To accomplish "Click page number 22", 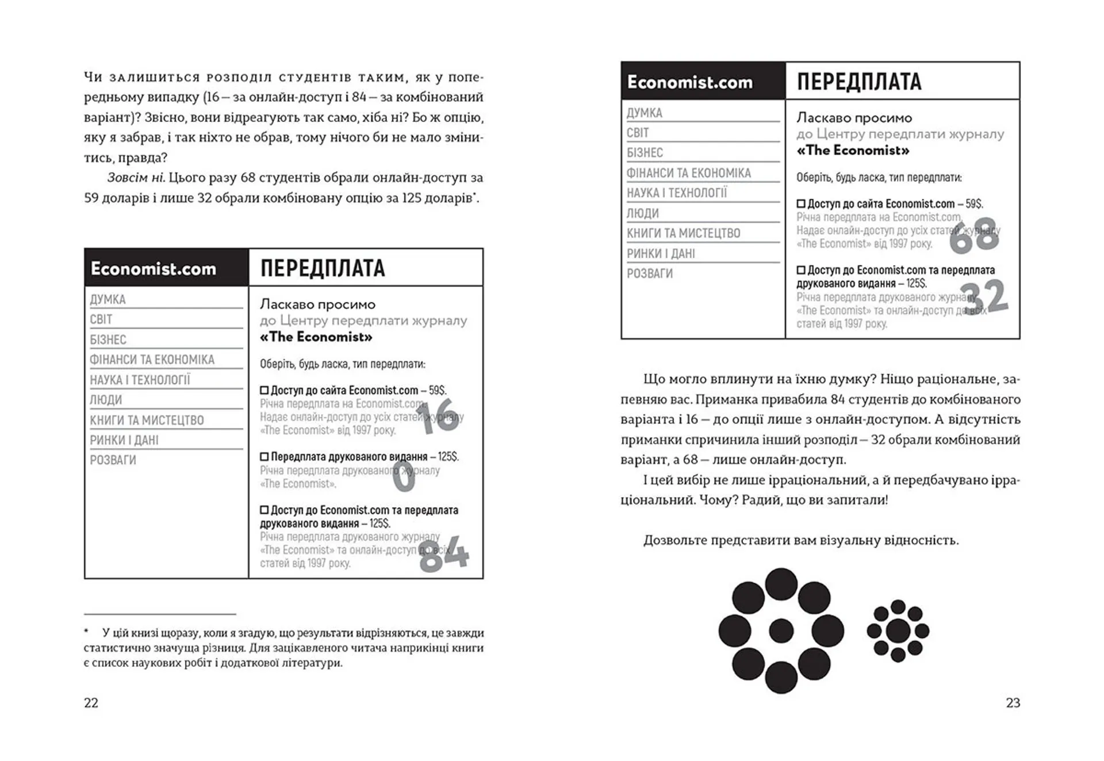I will [91, 702].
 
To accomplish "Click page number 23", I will [1013, 702].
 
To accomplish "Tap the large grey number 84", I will [443, 555].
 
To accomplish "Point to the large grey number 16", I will [440, 416].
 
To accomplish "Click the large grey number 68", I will [973, 235].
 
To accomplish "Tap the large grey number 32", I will [984, 297].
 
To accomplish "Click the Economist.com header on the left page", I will [154, 269].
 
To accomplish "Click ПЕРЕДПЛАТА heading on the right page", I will [859, 82].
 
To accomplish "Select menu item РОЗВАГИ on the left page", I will [113, 460].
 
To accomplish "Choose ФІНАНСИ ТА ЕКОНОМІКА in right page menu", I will [688, 173].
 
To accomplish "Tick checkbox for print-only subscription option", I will [264, 457].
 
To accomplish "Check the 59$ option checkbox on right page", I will [801, 204].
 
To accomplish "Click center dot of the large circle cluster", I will [781, 630].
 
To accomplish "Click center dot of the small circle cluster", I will [898, 631].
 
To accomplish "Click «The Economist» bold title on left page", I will [316, 337].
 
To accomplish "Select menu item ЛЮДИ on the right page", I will [643, 213].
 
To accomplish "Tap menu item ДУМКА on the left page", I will [108, 299].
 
